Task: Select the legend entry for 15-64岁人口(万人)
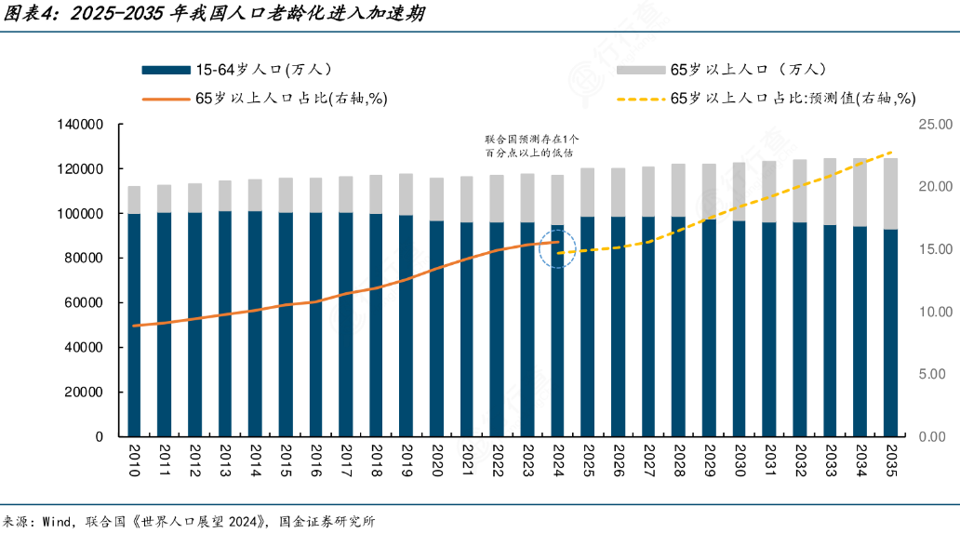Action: pos(236,70)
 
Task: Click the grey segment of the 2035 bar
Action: pos(891,193)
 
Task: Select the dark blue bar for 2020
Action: pos(437,326)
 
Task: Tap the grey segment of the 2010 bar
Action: pos(134,199)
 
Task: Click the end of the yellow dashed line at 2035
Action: pos(893,152)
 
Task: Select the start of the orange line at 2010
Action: pos(135,326)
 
